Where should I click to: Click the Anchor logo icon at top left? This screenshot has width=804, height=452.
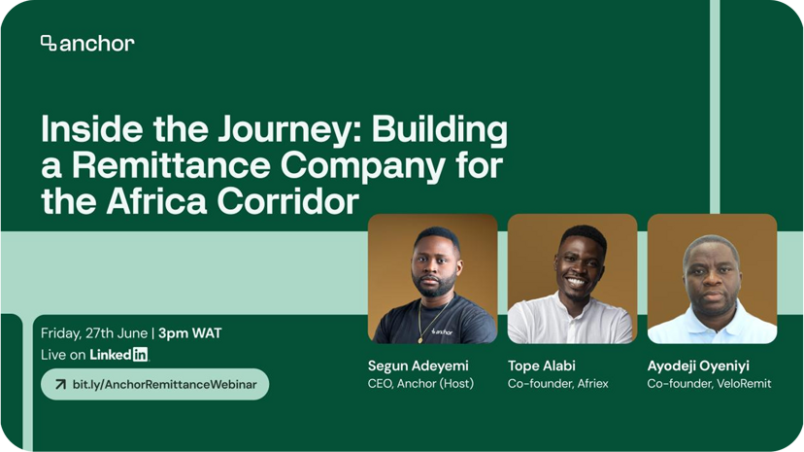pyautogui.click(x=49, y=43)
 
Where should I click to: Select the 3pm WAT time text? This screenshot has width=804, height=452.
pyautogui.click(x=190, y=333)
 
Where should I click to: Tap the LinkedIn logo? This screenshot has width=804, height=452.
pyautogui.click(x=118, y=355)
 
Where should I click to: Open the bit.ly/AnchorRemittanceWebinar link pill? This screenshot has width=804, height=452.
pyautogui.click(x=154, y=384)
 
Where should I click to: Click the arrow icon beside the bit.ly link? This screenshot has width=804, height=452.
pyautogui.click(x=60, y=384)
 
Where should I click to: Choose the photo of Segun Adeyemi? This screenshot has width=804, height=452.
pyautogui.click(x=432, y=279)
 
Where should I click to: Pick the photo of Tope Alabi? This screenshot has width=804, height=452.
pyautogui.click(x=572, y=279)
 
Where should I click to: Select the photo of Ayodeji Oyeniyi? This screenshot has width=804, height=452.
pyautogui.click(x=712, y=279)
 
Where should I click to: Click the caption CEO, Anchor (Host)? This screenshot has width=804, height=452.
pyautogui.click(x=420, y=384)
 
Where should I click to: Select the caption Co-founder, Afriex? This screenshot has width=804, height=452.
pyautogui.click(x=558, y=384)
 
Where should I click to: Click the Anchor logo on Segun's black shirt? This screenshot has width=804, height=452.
pyautogui.click(x=442, y=330)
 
